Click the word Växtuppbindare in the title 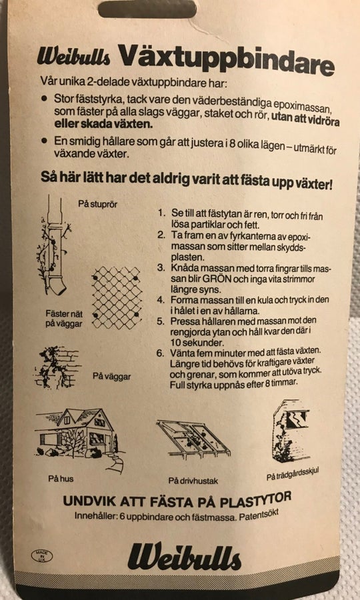pyautogui.click(x=226, y=59)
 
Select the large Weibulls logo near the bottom pyautogui.click(x=184, y=556)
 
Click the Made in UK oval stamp pyautogui.click(x=42, y=556)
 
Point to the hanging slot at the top pyautogui.click(x=147, y=9)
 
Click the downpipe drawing pyautogui.click(x=54, y=245)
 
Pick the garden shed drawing pyautogui.click(x=291, y=431)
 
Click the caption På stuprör pyautogui.click(x=97, y=204)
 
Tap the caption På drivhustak pyautogui.click(x=193, y=481)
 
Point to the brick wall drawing pyautogui.click(x=57, y=367)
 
